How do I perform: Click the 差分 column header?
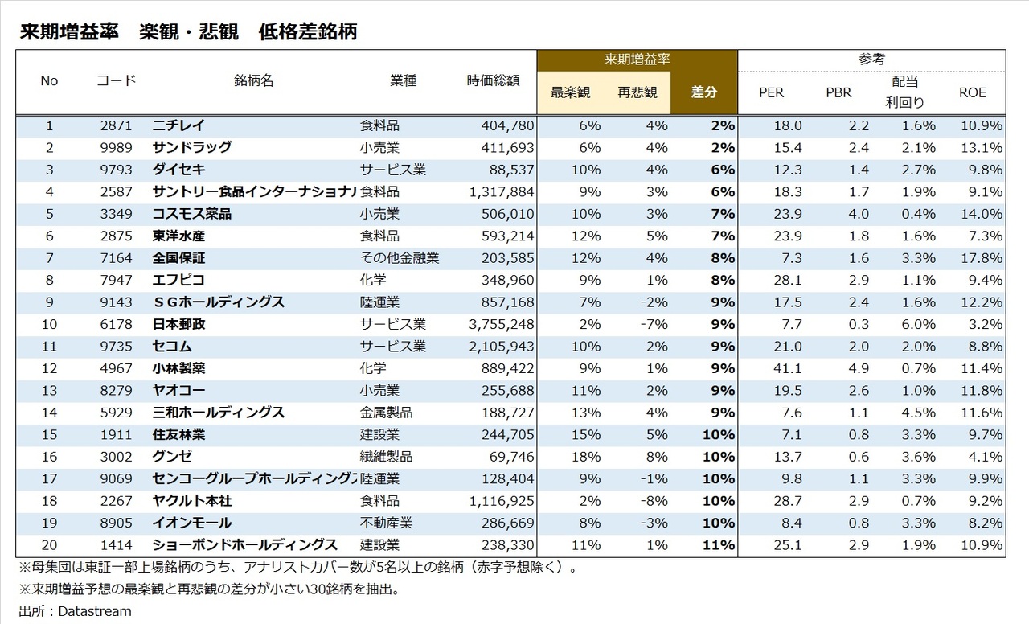704,92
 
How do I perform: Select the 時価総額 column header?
493,80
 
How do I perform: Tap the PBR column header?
838,92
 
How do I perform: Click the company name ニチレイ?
178,125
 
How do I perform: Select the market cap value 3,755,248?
501,324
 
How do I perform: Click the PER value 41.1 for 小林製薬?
787,368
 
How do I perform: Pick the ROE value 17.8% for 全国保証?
981,258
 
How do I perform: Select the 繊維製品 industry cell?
386,457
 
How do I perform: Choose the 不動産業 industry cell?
386,523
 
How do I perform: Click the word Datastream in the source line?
94,611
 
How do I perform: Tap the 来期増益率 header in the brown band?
637,60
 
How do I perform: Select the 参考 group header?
871,60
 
